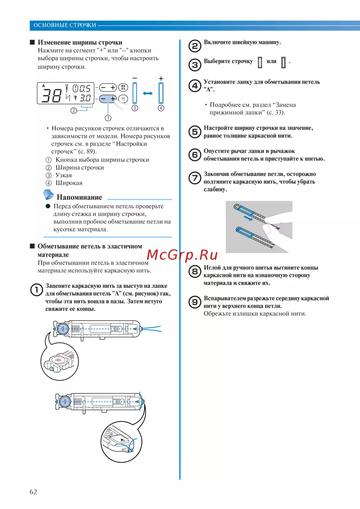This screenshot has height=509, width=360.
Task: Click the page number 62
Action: [33, 492]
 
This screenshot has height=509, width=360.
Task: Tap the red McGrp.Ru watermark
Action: [182, 255]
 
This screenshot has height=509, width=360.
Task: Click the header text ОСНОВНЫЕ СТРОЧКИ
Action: [65, 25]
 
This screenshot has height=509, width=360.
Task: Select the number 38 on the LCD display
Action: [52, 95]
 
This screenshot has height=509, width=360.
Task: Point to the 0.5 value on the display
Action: [85, 89]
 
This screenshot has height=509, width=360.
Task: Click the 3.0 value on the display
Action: [85, 98]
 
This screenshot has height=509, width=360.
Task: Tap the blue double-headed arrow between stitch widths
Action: [148, 93]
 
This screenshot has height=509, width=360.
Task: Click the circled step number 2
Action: [195, 46]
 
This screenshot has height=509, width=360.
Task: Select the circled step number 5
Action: [195, 131]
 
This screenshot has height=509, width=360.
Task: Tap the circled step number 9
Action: [195, 302]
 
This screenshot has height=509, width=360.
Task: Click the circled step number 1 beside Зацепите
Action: [36, 290]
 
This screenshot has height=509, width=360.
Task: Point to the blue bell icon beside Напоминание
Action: [49, 195]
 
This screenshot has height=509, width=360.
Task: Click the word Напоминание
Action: [79, 197]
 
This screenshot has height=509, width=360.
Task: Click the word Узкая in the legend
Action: [64, 175]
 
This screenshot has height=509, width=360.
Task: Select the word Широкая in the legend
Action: [69, 183]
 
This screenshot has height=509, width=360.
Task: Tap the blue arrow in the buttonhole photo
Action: [248, 218]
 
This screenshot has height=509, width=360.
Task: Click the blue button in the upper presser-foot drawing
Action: [63, 329]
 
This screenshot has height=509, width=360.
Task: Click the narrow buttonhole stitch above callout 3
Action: [135, 93]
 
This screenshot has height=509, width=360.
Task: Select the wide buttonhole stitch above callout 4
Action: [161, 93]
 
